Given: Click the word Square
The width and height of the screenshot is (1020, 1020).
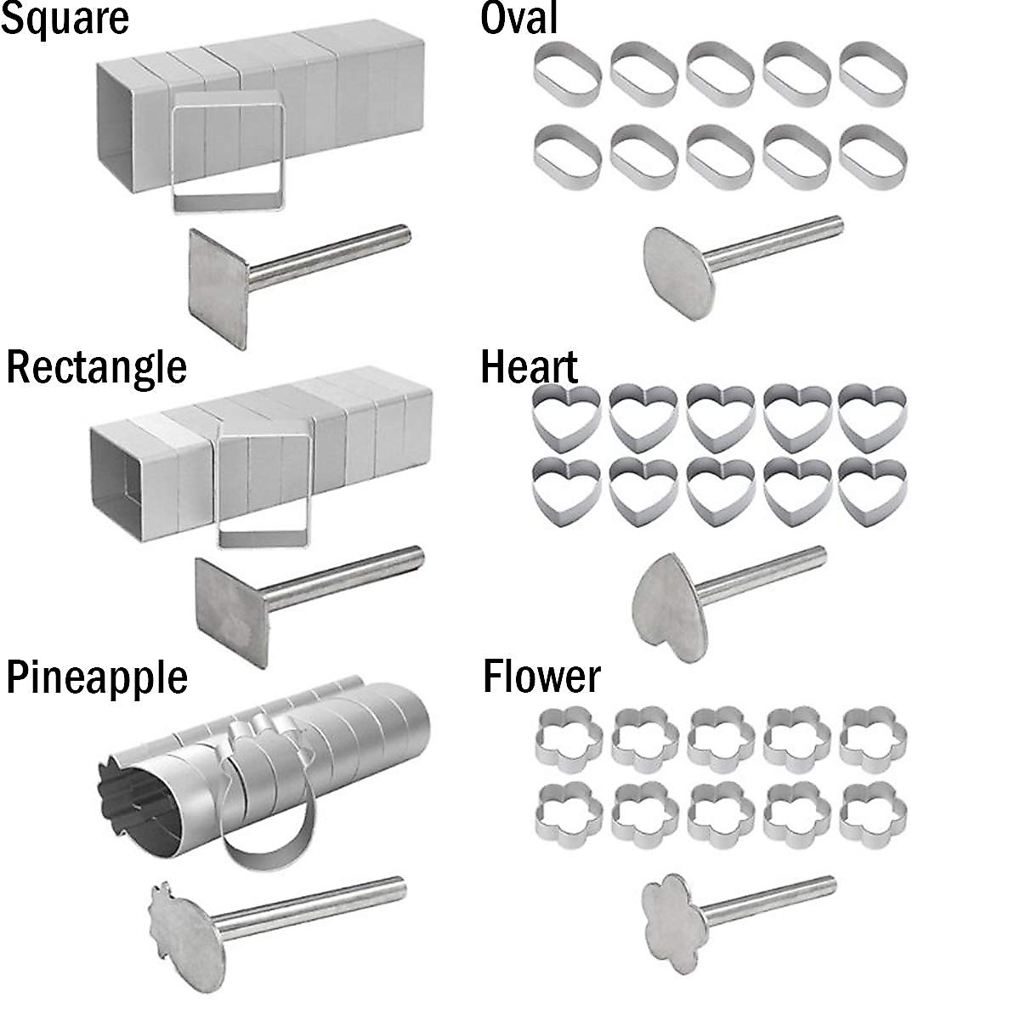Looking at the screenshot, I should [x=65, y=19].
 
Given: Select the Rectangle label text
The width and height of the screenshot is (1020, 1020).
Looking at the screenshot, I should [x=96, y=367].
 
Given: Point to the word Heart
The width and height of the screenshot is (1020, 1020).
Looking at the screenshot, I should [x=529, y=367].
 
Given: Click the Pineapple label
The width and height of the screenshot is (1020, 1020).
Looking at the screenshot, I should [x=97, y=677].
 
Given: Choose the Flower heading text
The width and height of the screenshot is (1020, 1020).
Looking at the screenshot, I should [x=541, y=677].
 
